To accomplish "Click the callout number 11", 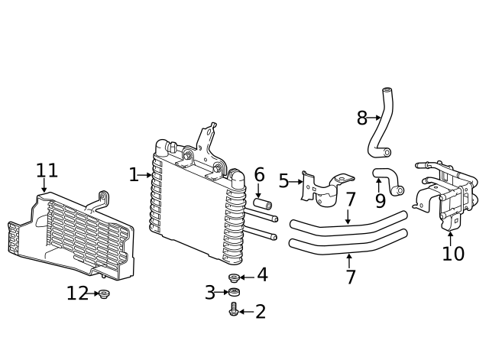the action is [47, 170].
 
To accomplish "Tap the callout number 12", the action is [78, 294].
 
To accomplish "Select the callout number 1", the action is [134, 175].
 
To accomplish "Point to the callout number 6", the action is [259, 175].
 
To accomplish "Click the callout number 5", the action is [283, 181].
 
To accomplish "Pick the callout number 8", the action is [361, 118].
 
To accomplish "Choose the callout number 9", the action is [381, 201].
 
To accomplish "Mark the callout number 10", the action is [453, 253].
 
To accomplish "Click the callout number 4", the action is [262, 275].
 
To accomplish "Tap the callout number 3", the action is [210, 293].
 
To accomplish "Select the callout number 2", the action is [261, 312].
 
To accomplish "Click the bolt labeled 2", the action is [234, 309].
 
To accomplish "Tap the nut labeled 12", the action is [104, 294].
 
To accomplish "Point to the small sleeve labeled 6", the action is [262, 203].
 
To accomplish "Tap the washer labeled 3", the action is [234, 292].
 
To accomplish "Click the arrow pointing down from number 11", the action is [44, 185].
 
